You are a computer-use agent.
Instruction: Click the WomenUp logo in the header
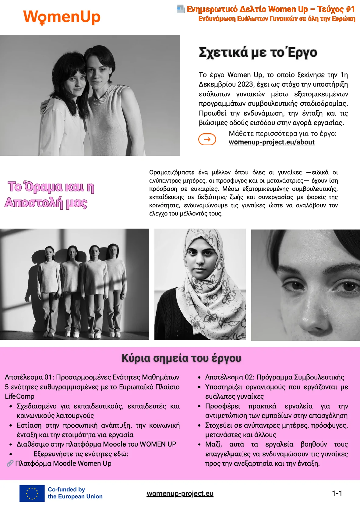pos(62,17)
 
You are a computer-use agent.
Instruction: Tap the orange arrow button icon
pos(207,139)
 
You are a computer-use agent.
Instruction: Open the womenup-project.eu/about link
pos(271,142)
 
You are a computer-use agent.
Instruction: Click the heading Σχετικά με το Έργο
pos(258,52)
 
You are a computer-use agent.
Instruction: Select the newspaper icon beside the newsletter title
pos(181,9)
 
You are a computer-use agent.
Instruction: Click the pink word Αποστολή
pos(34,203)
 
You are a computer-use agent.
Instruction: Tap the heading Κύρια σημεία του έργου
pos(181,358)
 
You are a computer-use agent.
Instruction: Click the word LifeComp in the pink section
pos(19,396)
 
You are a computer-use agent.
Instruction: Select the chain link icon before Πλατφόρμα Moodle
pos(10,464)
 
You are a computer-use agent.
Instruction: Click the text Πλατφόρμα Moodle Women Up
pos(63,464)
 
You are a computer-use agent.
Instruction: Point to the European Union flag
pos(32,493)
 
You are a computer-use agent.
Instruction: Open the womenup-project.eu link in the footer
pos(180,493)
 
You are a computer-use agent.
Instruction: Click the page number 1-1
pos(337,493)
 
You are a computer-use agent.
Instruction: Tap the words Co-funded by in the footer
pos(66,489)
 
